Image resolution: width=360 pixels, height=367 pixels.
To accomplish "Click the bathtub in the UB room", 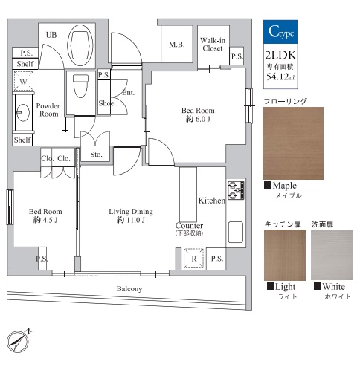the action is pyautogui.click(x=80, y=45).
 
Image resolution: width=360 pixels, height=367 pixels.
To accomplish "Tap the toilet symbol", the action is pyautogui.click(x=80, y=86).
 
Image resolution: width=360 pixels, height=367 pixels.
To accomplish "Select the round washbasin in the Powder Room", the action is pyautogui.click(x=23, y=113).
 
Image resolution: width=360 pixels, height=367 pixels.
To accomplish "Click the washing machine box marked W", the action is pyautogui.click(x=23, y=81).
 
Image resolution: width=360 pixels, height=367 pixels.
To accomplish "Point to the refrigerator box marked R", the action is pyautogui.click(x=193, y=259).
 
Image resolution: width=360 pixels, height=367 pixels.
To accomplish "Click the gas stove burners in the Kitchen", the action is pyautogui.click(x=236, y=190).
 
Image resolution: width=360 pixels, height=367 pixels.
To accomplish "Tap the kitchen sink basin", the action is pyautogui.click(x=236, y=232).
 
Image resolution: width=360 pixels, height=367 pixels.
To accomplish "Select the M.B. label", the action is pyautogui.click(x=177, y=45).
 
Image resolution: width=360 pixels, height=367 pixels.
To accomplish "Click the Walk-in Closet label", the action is pyautogui.click(x=213, y=44).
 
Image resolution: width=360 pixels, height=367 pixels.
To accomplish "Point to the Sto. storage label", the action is pyautogui.click(x=96, y=155).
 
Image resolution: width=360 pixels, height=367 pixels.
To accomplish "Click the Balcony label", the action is pyautogui.click(x=129, y=289).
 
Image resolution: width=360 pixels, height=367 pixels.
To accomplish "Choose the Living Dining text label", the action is pyautogui.click(x=131, y=212).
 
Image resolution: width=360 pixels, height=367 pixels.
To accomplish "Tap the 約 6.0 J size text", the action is pyautogui.click(x=198, y=119).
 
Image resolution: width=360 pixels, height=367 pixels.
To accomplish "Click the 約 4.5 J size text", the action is pyautogui.click(x=45, y=220).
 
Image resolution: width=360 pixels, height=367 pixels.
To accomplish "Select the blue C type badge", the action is pyautogui.click(x=280, y=32).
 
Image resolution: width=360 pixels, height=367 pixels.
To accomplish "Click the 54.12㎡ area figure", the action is pyautogui.click(x=280, y=77).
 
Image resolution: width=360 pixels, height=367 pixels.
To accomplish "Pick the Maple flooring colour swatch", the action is pyautogui.click(x=293, y=143).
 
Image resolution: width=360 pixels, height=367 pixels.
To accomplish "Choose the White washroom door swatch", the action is pyautogui.click(x=332, y=256).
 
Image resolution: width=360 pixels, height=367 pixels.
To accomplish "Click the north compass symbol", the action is pyautogui.click(x=19, y=342).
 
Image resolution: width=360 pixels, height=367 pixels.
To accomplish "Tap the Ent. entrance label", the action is pyautogui.click(x=129, y=93).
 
